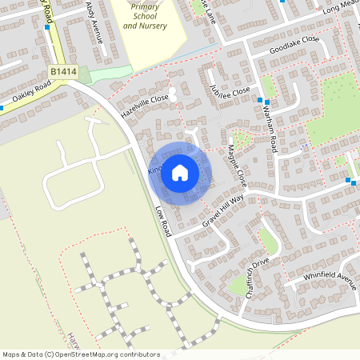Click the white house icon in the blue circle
click(x=180, y=172)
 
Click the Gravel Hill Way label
click(x=222, y=210)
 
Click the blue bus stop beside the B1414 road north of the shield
click(x=48, y=26)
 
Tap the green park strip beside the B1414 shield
click(x=104, y=74)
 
